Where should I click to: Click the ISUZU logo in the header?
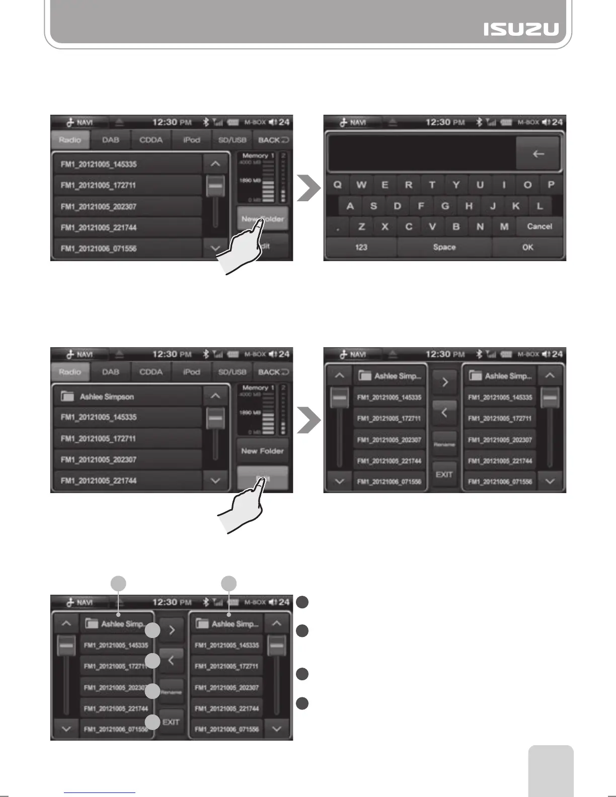(x=521, y=29)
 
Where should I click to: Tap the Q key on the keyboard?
(x=337, y=185)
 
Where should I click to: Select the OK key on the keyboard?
(x=527, y=247)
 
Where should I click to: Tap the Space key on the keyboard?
(x=444, y=247)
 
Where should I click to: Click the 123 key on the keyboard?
(x=361, y=247)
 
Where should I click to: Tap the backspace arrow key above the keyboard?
(x=538, y=154)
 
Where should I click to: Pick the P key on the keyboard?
(x=551, y=185)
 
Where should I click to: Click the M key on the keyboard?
(x=504, y=226)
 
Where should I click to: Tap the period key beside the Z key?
(x=338, y=227)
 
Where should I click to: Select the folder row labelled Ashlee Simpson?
(x=128, y=396)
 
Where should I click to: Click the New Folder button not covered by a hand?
(x=262, y=451)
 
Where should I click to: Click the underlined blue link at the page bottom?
(x=100, y=792)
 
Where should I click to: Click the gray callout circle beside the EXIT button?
(x=152, y=722)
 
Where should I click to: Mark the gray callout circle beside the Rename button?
(x=152, y=692)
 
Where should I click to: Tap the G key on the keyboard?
(x=445, y=206)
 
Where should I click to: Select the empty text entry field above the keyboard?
(x=422, y=154)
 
